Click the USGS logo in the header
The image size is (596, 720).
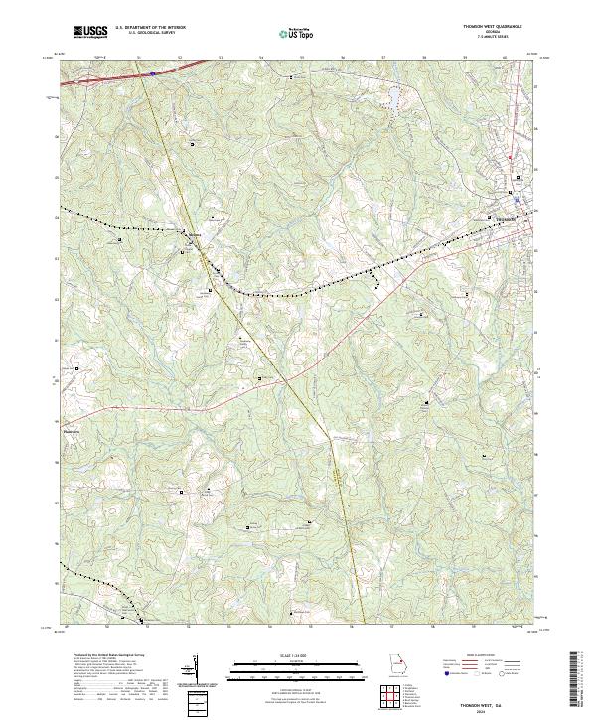89,33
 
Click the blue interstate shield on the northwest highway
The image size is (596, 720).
152,72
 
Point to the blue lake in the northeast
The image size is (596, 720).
393,98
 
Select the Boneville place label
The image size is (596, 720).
195,235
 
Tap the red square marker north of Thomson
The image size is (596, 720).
511,158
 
